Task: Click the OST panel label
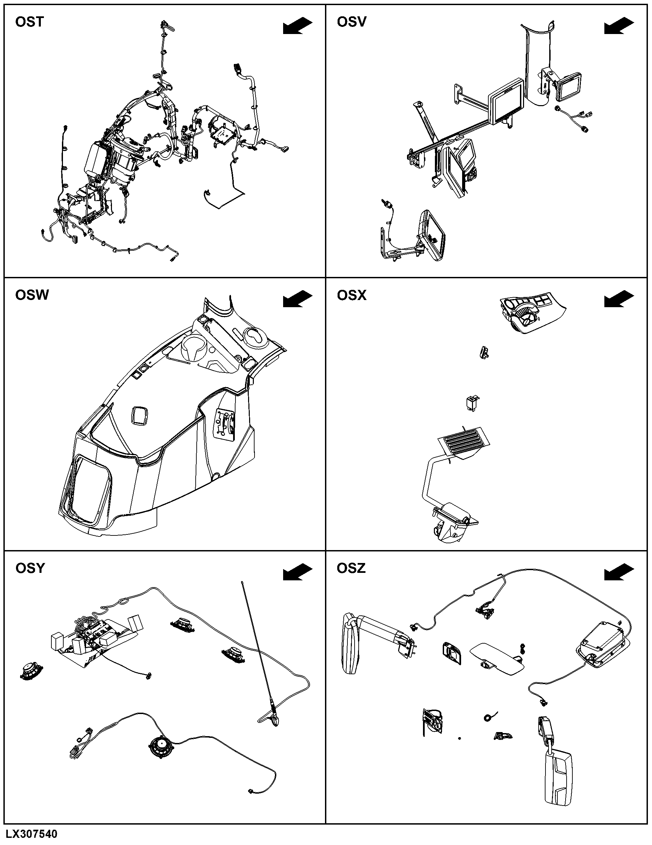[29, 22]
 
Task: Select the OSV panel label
[351, 22]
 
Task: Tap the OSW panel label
[32, 295]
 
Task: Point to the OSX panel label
[351, 296]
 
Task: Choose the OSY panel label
[30, 568]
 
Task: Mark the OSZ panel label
[351, 568]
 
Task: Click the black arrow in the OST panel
[297, 26]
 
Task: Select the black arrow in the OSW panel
[297, 299]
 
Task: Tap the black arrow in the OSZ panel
[619, 572]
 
